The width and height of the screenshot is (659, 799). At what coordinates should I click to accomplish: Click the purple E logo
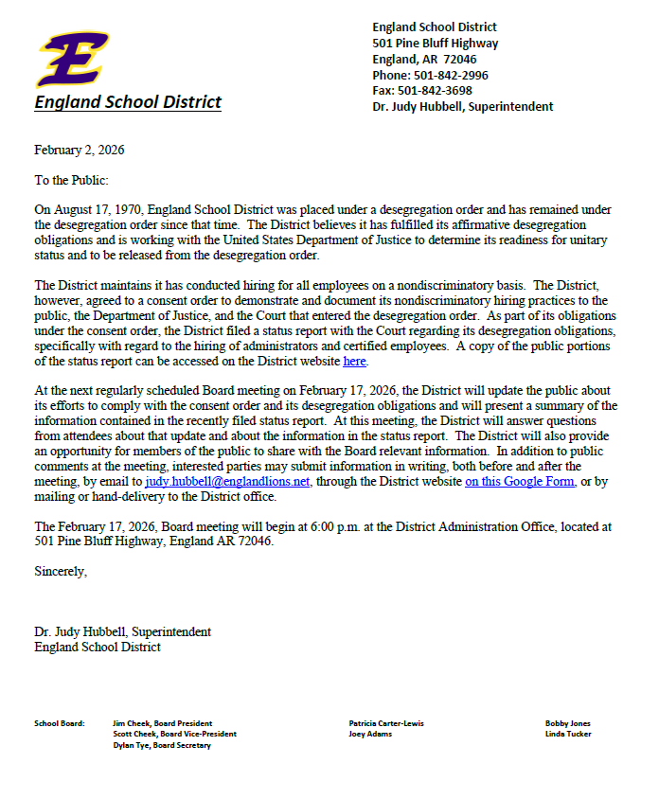coord(70,59)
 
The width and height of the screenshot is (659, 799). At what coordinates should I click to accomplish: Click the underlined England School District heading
coord(128,102)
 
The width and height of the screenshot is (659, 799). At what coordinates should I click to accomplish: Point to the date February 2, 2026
coord(80,150)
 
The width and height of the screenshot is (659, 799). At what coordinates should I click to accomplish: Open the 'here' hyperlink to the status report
coord(354,361)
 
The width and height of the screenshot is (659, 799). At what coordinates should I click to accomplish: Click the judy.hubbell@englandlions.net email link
coord(227,482)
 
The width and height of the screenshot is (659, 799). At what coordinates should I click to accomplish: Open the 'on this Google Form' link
coord(520,482)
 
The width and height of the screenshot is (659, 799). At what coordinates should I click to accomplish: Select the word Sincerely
coord(60,571)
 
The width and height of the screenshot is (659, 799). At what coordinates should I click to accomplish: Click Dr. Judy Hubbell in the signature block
coord(80,631)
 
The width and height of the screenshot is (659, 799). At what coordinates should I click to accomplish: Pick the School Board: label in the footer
coord(60,723)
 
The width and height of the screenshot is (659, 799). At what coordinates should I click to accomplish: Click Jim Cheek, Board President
coord(162,723)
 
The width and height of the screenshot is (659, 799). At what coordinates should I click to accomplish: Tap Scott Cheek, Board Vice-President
coord(174,734)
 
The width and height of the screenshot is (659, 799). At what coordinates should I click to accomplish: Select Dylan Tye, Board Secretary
coord(162,745)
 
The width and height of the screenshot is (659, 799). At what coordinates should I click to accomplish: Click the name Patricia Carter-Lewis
coord(386,723)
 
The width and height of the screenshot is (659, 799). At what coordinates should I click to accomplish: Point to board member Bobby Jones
coord(567,723)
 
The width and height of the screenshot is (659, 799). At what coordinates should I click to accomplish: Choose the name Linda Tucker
coord(568,734)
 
